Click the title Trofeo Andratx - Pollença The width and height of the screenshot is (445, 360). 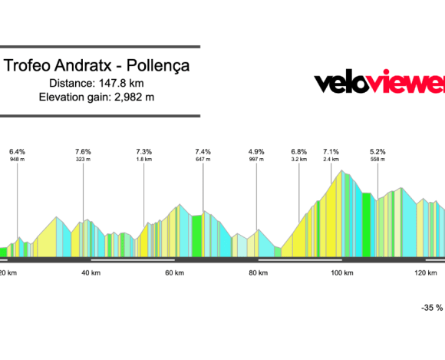pos(97,66)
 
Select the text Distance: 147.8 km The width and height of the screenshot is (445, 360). pos(97,83)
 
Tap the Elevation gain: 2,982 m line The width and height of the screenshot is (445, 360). pos(97,97)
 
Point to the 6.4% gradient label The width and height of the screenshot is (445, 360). pos(17,151)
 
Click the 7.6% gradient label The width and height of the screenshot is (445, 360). pos(83,151)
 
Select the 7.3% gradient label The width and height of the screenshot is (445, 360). pos(143,151)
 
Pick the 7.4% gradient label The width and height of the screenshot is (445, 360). pos(203,151)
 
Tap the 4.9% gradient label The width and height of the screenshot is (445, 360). pos(256,151)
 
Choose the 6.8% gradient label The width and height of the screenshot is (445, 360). pos(299,151)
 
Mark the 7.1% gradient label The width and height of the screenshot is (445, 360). pos(331,151)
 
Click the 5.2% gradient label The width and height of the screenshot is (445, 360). pos(377,151)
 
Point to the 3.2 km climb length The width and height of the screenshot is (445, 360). pos(299,160)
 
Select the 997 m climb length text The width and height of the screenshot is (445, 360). pos(256,160)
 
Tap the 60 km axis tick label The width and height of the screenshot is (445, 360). pos(174,272)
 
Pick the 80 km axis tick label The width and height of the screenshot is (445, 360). pos(258,272)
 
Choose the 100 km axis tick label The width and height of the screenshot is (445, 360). pos(341,272)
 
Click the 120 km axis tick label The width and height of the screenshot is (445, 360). pos(425,272)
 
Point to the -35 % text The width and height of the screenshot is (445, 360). pos(432,307)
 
